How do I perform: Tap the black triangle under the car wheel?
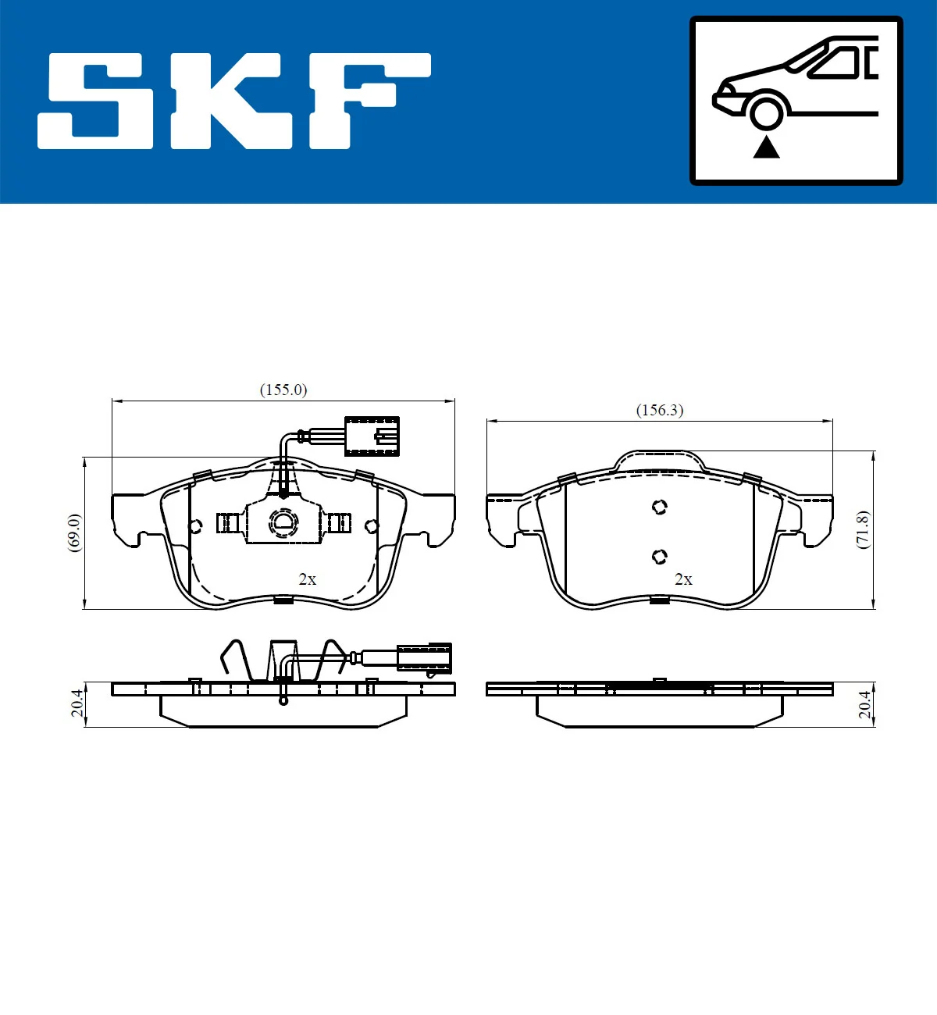(766, 146)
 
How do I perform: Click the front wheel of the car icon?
(766, 112)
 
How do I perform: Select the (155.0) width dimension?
(283, 390)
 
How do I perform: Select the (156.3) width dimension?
(660, 410)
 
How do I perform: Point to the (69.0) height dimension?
(74, 532)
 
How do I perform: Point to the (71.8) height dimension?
(862, 529)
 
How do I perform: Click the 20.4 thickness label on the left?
(77, 703)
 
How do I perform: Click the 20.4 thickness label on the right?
(864, 703)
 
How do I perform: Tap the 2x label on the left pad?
(308, 579)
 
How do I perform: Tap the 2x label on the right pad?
(683, 579)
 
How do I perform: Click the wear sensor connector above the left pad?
(372, 436)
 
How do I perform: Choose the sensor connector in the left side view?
(424, 657)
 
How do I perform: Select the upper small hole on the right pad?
(660, 507)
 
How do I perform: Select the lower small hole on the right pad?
(660, 557)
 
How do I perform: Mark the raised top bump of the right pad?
(660, 460)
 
